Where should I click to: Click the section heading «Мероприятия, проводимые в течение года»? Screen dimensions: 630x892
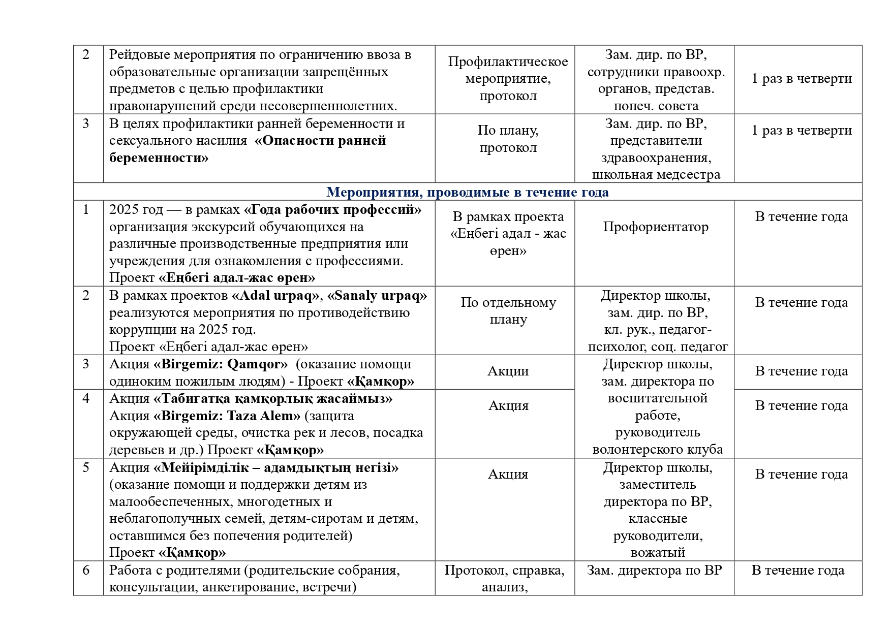point(467,192)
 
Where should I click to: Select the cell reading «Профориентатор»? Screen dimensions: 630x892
point(655,227)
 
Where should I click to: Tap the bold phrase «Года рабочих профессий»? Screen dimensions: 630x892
point(333,210)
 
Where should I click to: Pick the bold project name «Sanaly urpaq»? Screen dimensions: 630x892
point(377,296)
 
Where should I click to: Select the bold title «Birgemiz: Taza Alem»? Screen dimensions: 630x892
point(227,416)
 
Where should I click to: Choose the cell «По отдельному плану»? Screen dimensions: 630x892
point(508,311)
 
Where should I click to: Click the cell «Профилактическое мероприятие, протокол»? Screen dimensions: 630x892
point(508,79)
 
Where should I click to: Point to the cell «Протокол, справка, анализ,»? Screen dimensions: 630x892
point(504,579)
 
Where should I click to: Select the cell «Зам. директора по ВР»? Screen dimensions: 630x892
point(654,571)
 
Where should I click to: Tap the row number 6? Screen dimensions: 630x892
point(86,571)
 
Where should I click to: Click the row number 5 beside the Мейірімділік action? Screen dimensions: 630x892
point(86,467)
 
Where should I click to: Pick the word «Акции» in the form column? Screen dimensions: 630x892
point(508,371)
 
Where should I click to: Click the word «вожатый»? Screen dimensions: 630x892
point(658,553)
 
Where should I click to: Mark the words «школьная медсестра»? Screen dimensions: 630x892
point(656,175)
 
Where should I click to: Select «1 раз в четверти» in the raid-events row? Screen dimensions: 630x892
point(802,79)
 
